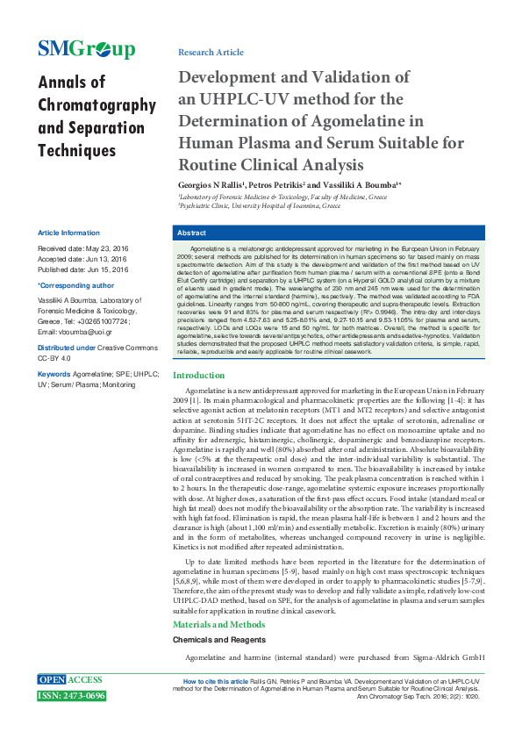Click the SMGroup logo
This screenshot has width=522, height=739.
[87, 48]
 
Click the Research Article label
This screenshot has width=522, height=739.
[211, 53]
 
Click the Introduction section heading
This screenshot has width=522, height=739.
[205, 399]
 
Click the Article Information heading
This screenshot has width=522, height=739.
[68, 233]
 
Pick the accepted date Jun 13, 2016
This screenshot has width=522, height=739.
[104, 260]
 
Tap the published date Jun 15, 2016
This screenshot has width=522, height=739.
[105, 269]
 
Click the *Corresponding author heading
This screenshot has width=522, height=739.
[75, 285]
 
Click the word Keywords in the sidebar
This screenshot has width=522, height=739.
[54, 374]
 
